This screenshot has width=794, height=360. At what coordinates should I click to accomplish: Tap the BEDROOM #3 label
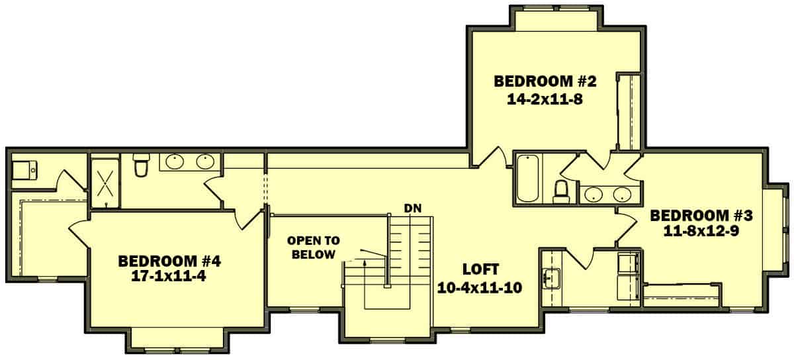pyautogui.click(x=701, y=216)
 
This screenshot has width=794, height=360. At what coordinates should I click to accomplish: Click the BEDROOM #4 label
pyautogui.click(x=169, y=261)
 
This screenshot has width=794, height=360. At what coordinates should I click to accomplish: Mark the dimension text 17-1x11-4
pyautogui.click(x=169, y=277)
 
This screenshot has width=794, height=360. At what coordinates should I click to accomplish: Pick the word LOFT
pyautogui.click(x=480, y=269)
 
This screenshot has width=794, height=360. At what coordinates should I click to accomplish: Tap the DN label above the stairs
pyautogui.click(x=413, y=208)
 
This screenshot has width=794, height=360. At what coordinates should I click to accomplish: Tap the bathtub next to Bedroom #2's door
pyautogui.click(x=528, y=178)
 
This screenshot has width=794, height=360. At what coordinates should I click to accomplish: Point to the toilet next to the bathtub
pyautogui.click(x=562, y=191)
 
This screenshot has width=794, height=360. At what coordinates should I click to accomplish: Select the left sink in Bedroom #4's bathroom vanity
pyautogui.click(x=175, y=161)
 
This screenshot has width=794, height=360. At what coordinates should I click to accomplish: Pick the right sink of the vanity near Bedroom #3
pyautogui.click(x=622, y=194)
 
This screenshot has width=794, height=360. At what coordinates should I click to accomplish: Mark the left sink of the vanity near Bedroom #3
pyautogui.click(x=593, y=194)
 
